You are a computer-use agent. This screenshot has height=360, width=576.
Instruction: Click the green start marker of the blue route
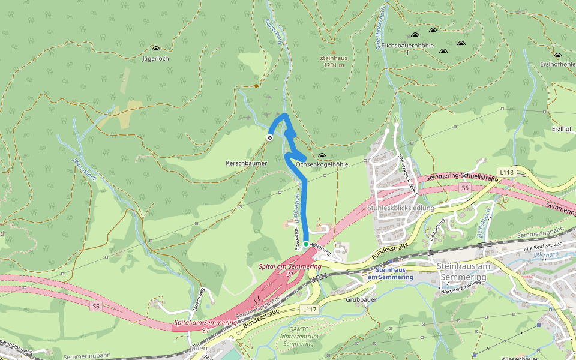[306, 244]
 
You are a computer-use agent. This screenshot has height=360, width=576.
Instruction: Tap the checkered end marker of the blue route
[270, 137]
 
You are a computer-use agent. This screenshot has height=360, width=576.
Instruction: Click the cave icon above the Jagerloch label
[156, 50]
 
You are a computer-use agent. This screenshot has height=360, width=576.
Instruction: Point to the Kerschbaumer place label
[246, 163]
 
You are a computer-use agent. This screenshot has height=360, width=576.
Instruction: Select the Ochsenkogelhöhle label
[322, 164]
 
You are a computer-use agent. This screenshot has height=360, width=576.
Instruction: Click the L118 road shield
[507, 172]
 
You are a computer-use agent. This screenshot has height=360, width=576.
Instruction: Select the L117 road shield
[309, 309]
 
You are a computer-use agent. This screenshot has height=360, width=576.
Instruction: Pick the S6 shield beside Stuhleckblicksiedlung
[464, 188]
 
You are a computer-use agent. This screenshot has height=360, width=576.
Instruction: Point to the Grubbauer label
[361, 298]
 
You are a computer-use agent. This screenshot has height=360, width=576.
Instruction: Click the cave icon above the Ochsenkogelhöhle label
[322, 156]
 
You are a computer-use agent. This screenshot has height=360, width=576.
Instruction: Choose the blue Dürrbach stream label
[546, 255]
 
